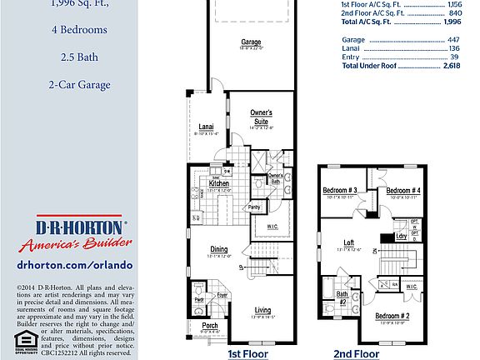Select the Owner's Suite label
click(262, 115)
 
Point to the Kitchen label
click(207, 183)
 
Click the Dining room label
click(219, 249)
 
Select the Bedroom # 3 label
click(340, 191)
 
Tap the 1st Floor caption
click(248, 353)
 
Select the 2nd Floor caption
click(356, 353)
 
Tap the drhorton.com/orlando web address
click(75, 264)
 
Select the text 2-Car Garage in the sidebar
click(79, 84)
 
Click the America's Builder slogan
click(71, 244)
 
